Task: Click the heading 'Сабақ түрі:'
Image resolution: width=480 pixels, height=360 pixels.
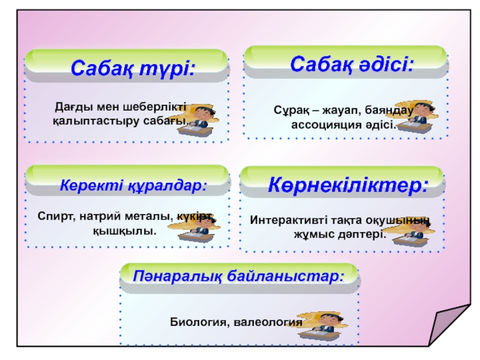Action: click(x=133, y=68)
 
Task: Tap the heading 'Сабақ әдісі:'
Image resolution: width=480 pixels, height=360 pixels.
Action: click(x=352, y=63)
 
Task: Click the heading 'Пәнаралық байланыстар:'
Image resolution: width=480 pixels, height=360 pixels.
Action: click(x=239, y=278)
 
